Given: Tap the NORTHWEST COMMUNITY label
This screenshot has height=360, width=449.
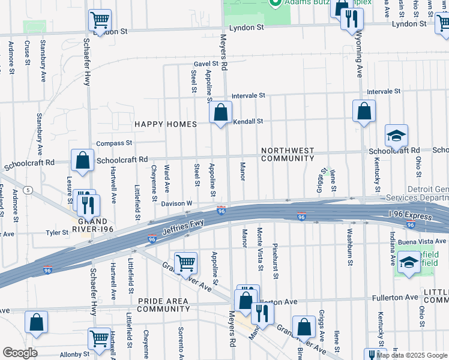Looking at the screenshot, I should (x=287, y=154).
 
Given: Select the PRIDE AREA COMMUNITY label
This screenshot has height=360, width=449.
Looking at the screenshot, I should (x=163, y=305).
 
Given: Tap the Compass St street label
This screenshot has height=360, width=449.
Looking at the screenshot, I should (x=114, y=143).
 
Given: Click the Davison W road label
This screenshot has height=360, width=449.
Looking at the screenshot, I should (x=176, y=204).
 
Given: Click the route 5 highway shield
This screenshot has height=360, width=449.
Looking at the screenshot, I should (x=28, y=190).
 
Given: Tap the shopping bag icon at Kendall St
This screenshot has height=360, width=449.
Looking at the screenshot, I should (x=220, y=112).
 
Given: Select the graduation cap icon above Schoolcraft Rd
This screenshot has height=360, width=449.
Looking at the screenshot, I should (x=396, y=136).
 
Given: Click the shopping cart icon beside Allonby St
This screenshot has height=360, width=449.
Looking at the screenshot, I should (x=100, y=338).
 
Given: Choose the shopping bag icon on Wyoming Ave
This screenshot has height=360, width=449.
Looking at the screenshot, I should (x=364, y=111).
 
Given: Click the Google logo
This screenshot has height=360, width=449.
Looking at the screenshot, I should (x=20, y=352).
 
